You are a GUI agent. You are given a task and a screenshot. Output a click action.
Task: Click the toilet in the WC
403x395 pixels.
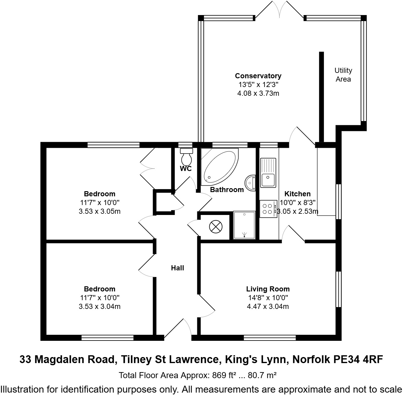pyautogui.click(x=186, y=156)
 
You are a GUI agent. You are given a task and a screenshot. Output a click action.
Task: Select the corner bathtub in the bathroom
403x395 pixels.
pyautogui.click(x=219, y=166)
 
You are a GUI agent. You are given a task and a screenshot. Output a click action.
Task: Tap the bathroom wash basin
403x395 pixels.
pyautogui.click(x=250, y=183)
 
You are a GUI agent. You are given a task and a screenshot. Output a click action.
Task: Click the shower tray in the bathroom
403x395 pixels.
pyautogui.click(x=244, y=225)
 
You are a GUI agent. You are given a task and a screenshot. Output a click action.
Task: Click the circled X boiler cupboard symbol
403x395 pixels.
pyautogui.click(x=216, y=226)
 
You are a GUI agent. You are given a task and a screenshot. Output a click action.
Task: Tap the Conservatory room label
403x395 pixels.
pyautogui.click(x=258, y=76)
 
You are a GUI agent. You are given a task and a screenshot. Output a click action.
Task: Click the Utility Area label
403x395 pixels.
pyautogui.click(x=343, y=75)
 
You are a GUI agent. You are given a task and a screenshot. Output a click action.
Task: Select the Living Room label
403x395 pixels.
pyautogui.click(x=268, y=289)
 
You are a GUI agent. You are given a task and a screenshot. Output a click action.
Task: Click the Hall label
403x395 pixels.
pyautogui.click(x=177, y=268)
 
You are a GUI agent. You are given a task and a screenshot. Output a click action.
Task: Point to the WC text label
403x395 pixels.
pyautogui.click(x=186, y=169)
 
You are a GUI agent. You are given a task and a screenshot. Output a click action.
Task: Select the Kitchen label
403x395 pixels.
pyautogui.click(x=297, y=194)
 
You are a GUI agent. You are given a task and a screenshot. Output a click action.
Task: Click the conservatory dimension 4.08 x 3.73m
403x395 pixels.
pyautogui.click(x=258, y=93)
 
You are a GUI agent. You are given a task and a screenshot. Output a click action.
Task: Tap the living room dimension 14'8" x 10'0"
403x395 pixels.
pyautogui.click(x=268, y=298)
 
